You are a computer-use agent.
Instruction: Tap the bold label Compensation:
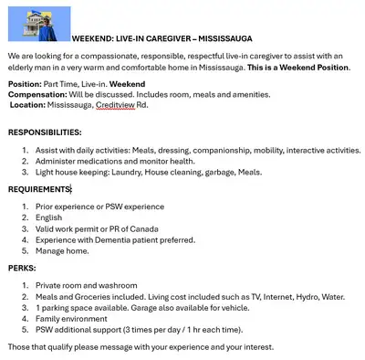point(37,94)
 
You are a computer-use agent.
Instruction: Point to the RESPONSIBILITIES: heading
point(45,132)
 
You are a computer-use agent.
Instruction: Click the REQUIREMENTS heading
point(39,189)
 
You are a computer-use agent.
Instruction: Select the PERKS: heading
point(23,269)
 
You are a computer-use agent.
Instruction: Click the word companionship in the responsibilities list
point(209,150)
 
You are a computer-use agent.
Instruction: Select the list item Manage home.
point(63,250)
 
